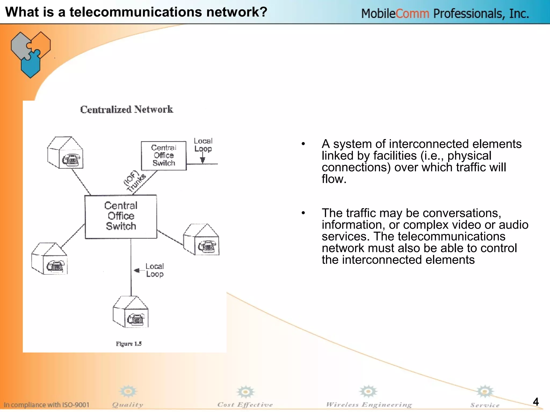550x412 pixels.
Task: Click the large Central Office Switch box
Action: (x=121, y=216)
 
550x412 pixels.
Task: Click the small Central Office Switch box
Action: (x=164, y=156)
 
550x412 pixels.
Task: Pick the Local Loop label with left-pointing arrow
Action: (x=154, y=270)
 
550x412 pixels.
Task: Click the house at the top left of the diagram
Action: (x=65, y=153)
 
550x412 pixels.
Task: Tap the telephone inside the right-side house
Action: (x=207, y=246)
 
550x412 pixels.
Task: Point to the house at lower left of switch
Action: (x=49, y=259)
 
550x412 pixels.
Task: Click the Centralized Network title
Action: (x=127, y=109)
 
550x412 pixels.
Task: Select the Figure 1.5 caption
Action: (x=129, y=344)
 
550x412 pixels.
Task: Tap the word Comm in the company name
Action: (x=412, y=13)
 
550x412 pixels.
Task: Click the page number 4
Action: (x=535, y=402)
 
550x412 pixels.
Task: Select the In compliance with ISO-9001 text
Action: (x=46, y=405)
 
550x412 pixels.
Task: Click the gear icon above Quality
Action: (x=128, y=392)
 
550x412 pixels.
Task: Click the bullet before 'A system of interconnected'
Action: (x=303, y=144)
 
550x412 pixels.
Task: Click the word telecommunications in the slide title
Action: (x=136, y=12)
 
